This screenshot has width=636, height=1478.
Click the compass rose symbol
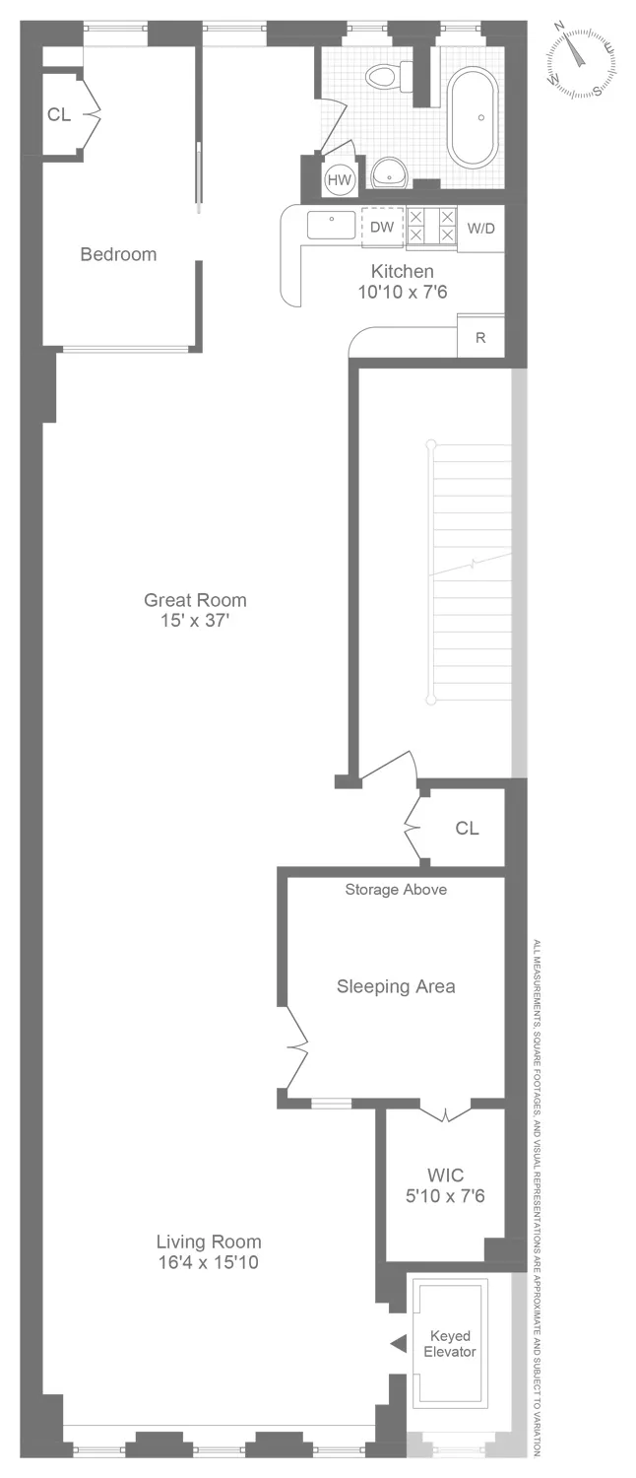[582, 58]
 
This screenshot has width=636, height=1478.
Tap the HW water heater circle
[340, 179]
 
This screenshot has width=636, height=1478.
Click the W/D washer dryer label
[481, 229]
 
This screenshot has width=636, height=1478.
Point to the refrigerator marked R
[480, 338]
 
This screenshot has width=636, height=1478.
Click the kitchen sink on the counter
[332, 225]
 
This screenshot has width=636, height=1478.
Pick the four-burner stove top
[431, 226]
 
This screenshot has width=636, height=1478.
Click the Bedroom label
[118, 254]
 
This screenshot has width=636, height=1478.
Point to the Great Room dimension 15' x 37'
[195, 621]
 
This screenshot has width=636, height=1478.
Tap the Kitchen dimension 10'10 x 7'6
[402, 293]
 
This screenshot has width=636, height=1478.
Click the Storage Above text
[396, 890]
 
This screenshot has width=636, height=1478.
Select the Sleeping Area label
[396, 985]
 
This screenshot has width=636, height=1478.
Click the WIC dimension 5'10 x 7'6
[445, 1196]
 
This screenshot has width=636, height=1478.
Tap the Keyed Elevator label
[450, 1344]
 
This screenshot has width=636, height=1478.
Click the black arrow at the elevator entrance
[398, 1343]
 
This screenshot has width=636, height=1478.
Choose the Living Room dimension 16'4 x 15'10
[209, 1262]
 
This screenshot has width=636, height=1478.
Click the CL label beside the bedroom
[59, 114]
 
